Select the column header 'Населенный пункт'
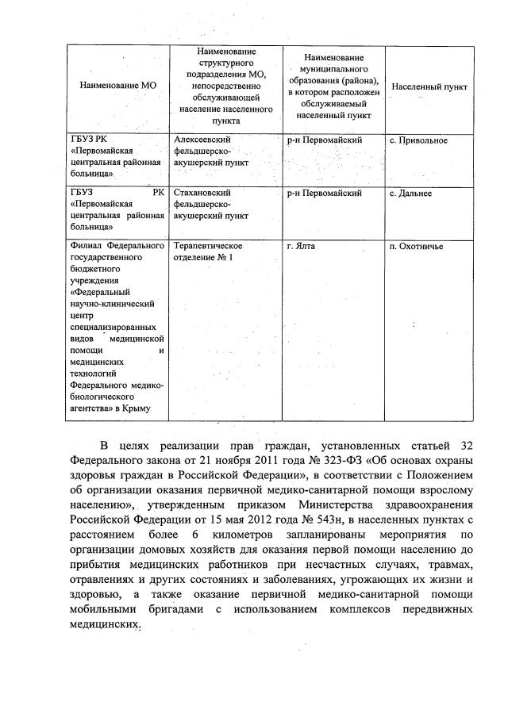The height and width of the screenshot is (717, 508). [429, 86]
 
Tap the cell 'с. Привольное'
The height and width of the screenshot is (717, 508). [419, 140]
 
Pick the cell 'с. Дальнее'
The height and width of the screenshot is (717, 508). [411, 193]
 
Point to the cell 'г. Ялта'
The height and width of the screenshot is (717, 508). [302, 247]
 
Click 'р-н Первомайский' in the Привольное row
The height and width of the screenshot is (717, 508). [325, 140]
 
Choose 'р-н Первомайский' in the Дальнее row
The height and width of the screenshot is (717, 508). [325, 193]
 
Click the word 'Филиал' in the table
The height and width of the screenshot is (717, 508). [86, 247]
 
